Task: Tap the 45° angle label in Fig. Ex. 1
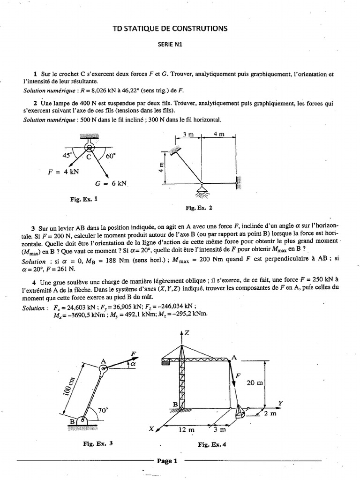click(x=62, y=156)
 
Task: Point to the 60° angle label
click(x=111, y=156)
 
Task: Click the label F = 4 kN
click(x=64, y=172)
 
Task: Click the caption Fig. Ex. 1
click(x=84, y=199)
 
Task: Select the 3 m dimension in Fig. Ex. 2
click(x=188, y=134)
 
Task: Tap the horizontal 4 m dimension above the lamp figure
click(x=218, y=134)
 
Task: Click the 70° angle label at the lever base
click(x=103, y=409)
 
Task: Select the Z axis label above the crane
click(x=187, y=333)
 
